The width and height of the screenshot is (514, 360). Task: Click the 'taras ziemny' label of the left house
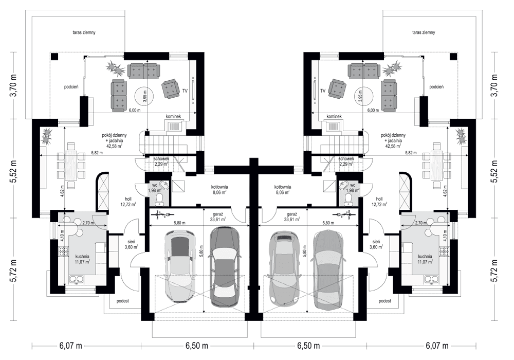(84, 32)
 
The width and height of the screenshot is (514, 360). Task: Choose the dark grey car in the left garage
(224, 267)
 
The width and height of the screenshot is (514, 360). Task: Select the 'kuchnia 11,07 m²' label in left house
(82, 259)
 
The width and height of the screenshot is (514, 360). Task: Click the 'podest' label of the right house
(384, 300)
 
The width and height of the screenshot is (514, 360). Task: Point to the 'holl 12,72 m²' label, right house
(380, 202)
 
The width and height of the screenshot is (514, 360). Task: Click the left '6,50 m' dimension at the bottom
(197, 345)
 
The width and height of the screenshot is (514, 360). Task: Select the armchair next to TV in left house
(171, 88)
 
